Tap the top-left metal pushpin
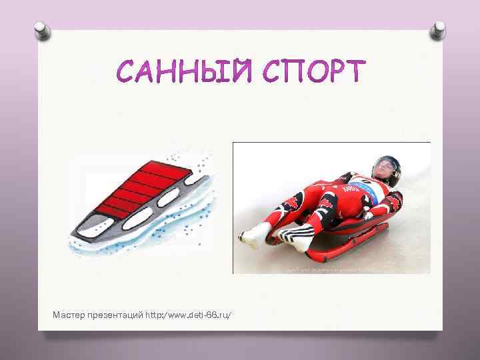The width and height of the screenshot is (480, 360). (x=41, y=29)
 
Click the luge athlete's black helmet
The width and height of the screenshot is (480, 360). (x=387, y=165)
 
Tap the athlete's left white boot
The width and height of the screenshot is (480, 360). (x=251, y=235)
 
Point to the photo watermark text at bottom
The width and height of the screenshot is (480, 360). (x=330, y=270)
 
